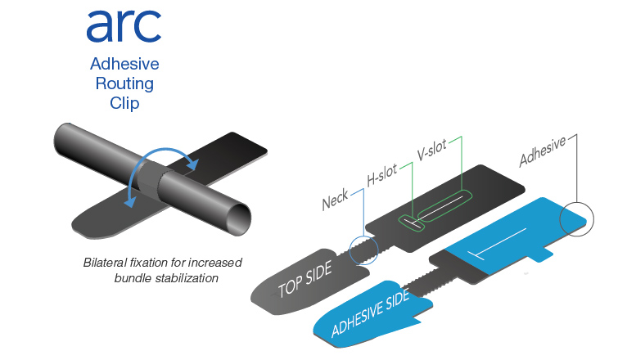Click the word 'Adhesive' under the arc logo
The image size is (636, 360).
[124, 64]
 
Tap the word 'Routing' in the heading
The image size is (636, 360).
[124, 84]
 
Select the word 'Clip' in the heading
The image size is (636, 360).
[124, 105]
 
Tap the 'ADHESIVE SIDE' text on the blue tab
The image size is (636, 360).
[370, 315]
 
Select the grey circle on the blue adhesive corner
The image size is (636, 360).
[578, 218]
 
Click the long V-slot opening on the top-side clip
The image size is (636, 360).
[443, 205]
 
